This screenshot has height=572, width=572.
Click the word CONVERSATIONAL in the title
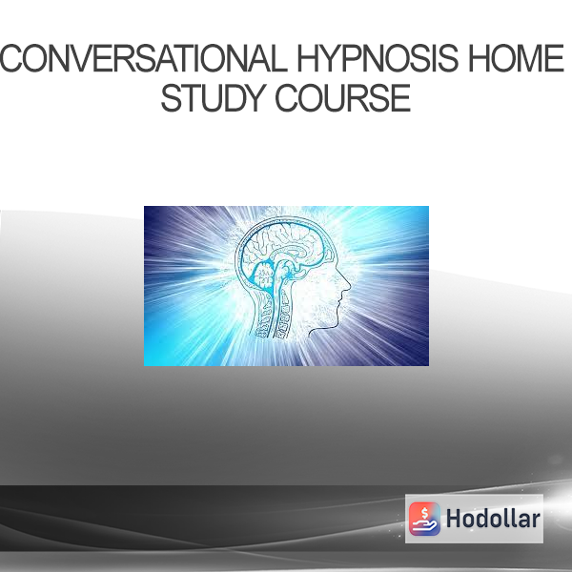144,58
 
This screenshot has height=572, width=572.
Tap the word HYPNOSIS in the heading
378,58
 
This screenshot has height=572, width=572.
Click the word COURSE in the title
342,98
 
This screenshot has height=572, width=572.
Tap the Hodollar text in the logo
493,519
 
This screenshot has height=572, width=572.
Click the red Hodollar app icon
424,519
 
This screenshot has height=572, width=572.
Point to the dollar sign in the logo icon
424,513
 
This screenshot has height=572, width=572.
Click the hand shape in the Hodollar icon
424,525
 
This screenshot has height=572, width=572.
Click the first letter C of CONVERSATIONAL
11,58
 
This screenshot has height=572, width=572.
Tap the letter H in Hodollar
454,519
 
